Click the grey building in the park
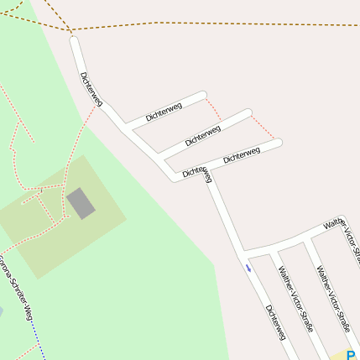click(x=81, y=203)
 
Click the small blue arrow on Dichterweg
click(x=248, y=268)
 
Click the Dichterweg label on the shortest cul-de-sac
click(x=164, y=112)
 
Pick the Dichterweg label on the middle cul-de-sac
click(x=203, y=134)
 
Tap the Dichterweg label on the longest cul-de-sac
click(x=242, y=154)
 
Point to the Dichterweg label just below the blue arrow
click(x=275, y=321)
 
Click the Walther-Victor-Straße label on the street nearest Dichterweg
click(x=295, y=299)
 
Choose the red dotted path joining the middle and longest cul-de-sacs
click(x=261, y=127)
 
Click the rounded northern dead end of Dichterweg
click(x=74, y=39)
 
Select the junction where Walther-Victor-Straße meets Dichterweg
click(x=244, y=253)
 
